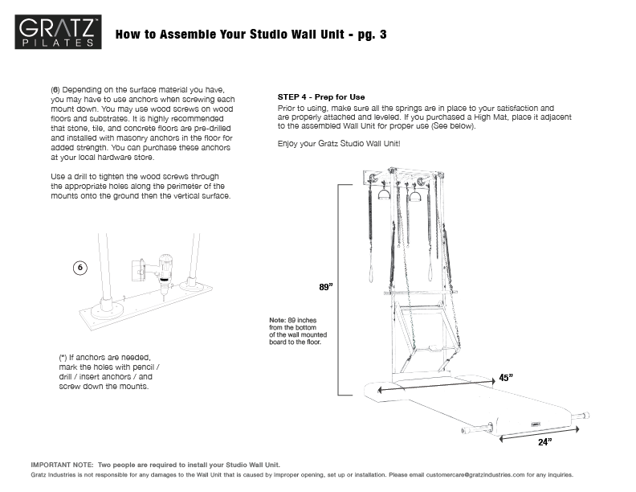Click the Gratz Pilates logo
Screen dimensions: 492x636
(60, 33)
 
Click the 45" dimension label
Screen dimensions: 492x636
(506, 377)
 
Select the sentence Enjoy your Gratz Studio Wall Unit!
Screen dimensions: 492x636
(338, 143)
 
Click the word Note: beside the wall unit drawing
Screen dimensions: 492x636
(279, 320)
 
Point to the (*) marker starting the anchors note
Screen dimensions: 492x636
(63, 357)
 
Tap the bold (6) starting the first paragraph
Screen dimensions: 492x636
(55, 88)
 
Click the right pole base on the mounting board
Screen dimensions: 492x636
(190, 283)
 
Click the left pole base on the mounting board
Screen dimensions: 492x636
(106, 305)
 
